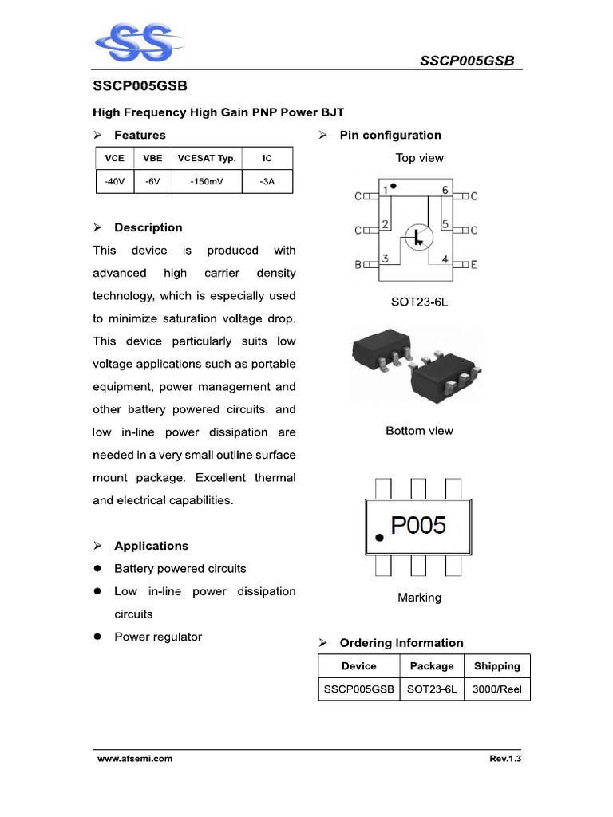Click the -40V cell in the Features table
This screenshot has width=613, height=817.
click(x=114, y=181)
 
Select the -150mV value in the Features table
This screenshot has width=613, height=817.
click(x=206, y=181)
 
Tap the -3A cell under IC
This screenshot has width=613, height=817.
click(x=267, y=181)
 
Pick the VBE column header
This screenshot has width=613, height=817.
click(x=152, y=158)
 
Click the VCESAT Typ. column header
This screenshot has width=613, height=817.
click(x=206, y=158)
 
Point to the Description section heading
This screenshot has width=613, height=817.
click(x=148, y=227)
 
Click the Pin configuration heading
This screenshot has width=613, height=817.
click(x=390, y=135)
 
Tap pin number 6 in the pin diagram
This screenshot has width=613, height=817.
click(x=445, y=190)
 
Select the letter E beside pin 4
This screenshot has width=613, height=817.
click(x=473, y=264)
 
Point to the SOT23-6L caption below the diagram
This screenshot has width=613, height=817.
click(x=419, y=302)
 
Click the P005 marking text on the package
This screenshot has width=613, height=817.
click(x=418, y=525)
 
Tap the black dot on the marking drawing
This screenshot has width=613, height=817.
click(x=379, y=539)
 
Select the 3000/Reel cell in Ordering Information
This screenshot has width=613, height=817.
click(x=496, y=689)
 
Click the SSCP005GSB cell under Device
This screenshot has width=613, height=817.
click(x=359, y=689)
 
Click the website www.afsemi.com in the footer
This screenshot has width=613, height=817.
click(x=135, y=759)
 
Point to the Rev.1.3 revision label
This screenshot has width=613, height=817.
click(x=505, y=759)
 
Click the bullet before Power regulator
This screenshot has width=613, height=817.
click(x=97, y=637)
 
